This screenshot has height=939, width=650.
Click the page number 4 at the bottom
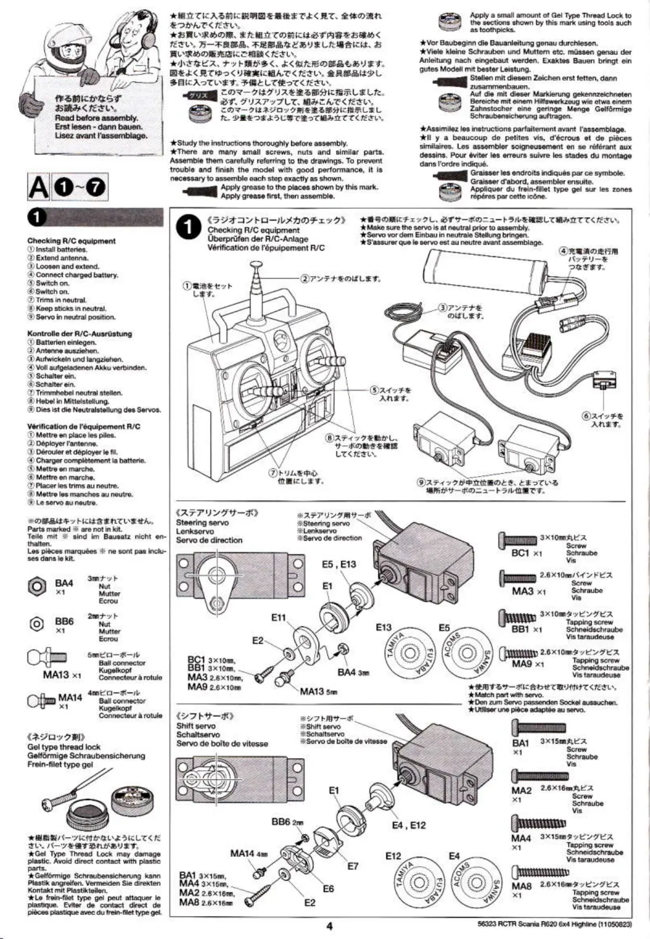[329, 926]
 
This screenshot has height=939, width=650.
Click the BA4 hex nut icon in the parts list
[38, 586]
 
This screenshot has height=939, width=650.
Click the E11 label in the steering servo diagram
[278, 618]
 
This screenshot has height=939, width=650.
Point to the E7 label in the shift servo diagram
[352, 866]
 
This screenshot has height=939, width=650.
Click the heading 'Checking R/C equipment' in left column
[71, 241]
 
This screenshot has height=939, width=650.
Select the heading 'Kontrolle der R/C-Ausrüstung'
[80, 334]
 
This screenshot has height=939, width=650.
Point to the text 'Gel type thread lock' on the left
[64, 747]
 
